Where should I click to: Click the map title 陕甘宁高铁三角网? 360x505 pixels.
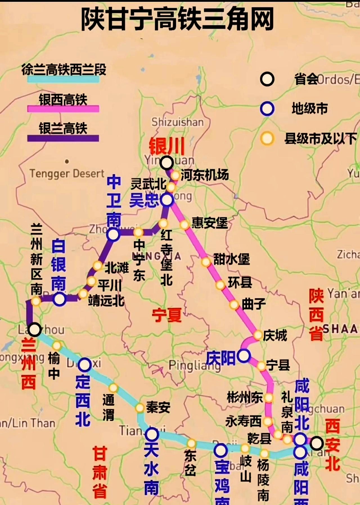177,19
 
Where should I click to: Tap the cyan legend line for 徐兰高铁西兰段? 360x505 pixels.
63,79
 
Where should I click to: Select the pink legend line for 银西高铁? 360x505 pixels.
63,109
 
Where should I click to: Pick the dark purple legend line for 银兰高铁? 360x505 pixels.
63,138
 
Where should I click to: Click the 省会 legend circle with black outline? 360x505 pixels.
267,79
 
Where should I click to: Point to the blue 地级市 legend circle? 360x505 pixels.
267,109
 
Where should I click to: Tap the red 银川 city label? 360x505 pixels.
166,146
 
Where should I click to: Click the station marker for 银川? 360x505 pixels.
166,163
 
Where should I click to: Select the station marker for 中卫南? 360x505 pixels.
113,234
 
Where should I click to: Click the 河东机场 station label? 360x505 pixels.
204,175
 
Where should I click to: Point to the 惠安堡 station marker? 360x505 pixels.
184,225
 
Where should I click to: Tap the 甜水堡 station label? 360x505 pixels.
231,259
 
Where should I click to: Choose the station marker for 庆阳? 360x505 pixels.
244,356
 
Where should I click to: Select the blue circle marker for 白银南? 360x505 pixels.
60,299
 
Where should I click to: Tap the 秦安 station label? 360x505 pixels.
158,407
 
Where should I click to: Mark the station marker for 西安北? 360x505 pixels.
317,443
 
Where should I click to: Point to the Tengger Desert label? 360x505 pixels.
67,173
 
